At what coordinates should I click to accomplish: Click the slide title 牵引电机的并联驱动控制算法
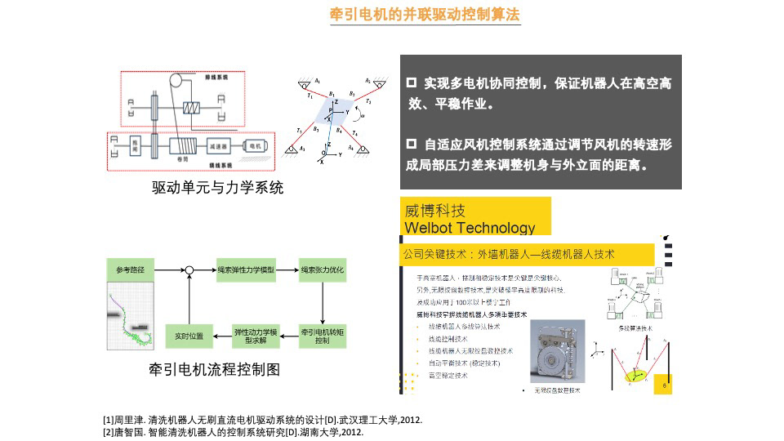click(425, 15)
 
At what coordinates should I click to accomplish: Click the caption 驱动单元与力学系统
click(218, 188)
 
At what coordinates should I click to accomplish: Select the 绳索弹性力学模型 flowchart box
click(246, 269)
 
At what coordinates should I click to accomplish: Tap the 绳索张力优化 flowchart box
click(323, 269)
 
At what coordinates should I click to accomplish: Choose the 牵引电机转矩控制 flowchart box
click(323, 336)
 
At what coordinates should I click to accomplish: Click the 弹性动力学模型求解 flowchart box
click(256, 336)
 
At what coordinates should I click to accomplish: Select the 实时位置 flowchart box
click(189, 336)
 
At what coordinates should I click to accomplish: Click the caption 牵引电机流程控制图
click(214, 369)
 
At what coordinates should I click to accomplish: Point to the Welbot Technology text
click(470, 227)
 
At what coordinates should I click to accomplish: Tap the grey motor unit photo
click(557, 351)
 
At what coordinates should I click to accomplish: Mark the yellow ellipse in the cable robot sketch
click(636, 375)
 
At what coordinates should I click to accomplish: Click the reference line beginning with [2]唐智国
click(233, 432)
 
